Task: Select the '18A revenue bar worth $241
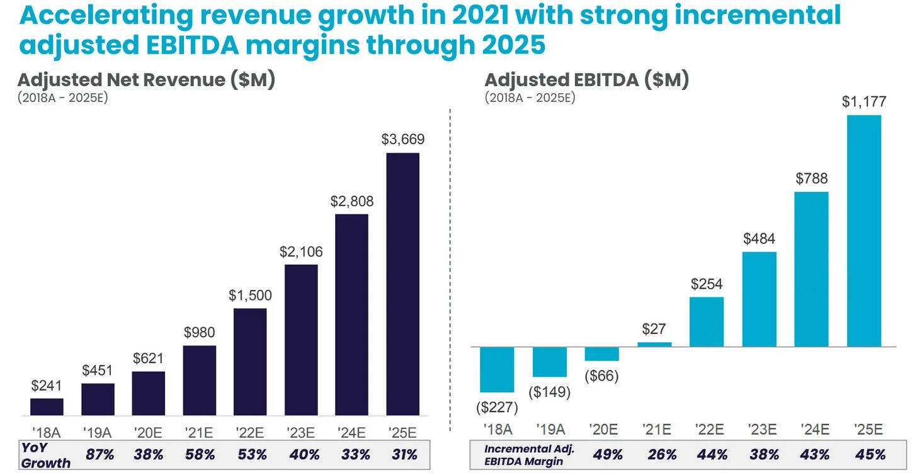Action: [x=47, y=407]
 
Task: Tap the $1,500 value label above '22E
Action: [x=250, y=295]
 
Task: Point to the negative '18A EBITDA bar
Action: [x=497, y=369]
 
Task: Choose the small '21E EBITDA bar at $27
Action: [x=654, y=344]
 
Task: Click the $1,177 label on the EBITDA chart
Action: [x=863, y=102]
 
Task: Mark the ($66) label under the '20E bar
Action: [x=601, y=376]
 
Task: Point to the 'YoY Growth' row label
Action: [x=45, y=454]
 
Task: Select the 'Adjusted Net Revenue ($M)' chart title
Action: [x=146, y=81]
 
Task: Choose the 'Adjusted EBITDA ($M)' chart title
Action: [x=586, y=81]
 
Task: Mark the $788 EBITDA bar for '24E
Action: [x=811, y=269]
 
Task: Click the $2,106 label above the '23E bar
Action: [x=301, y=252]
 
